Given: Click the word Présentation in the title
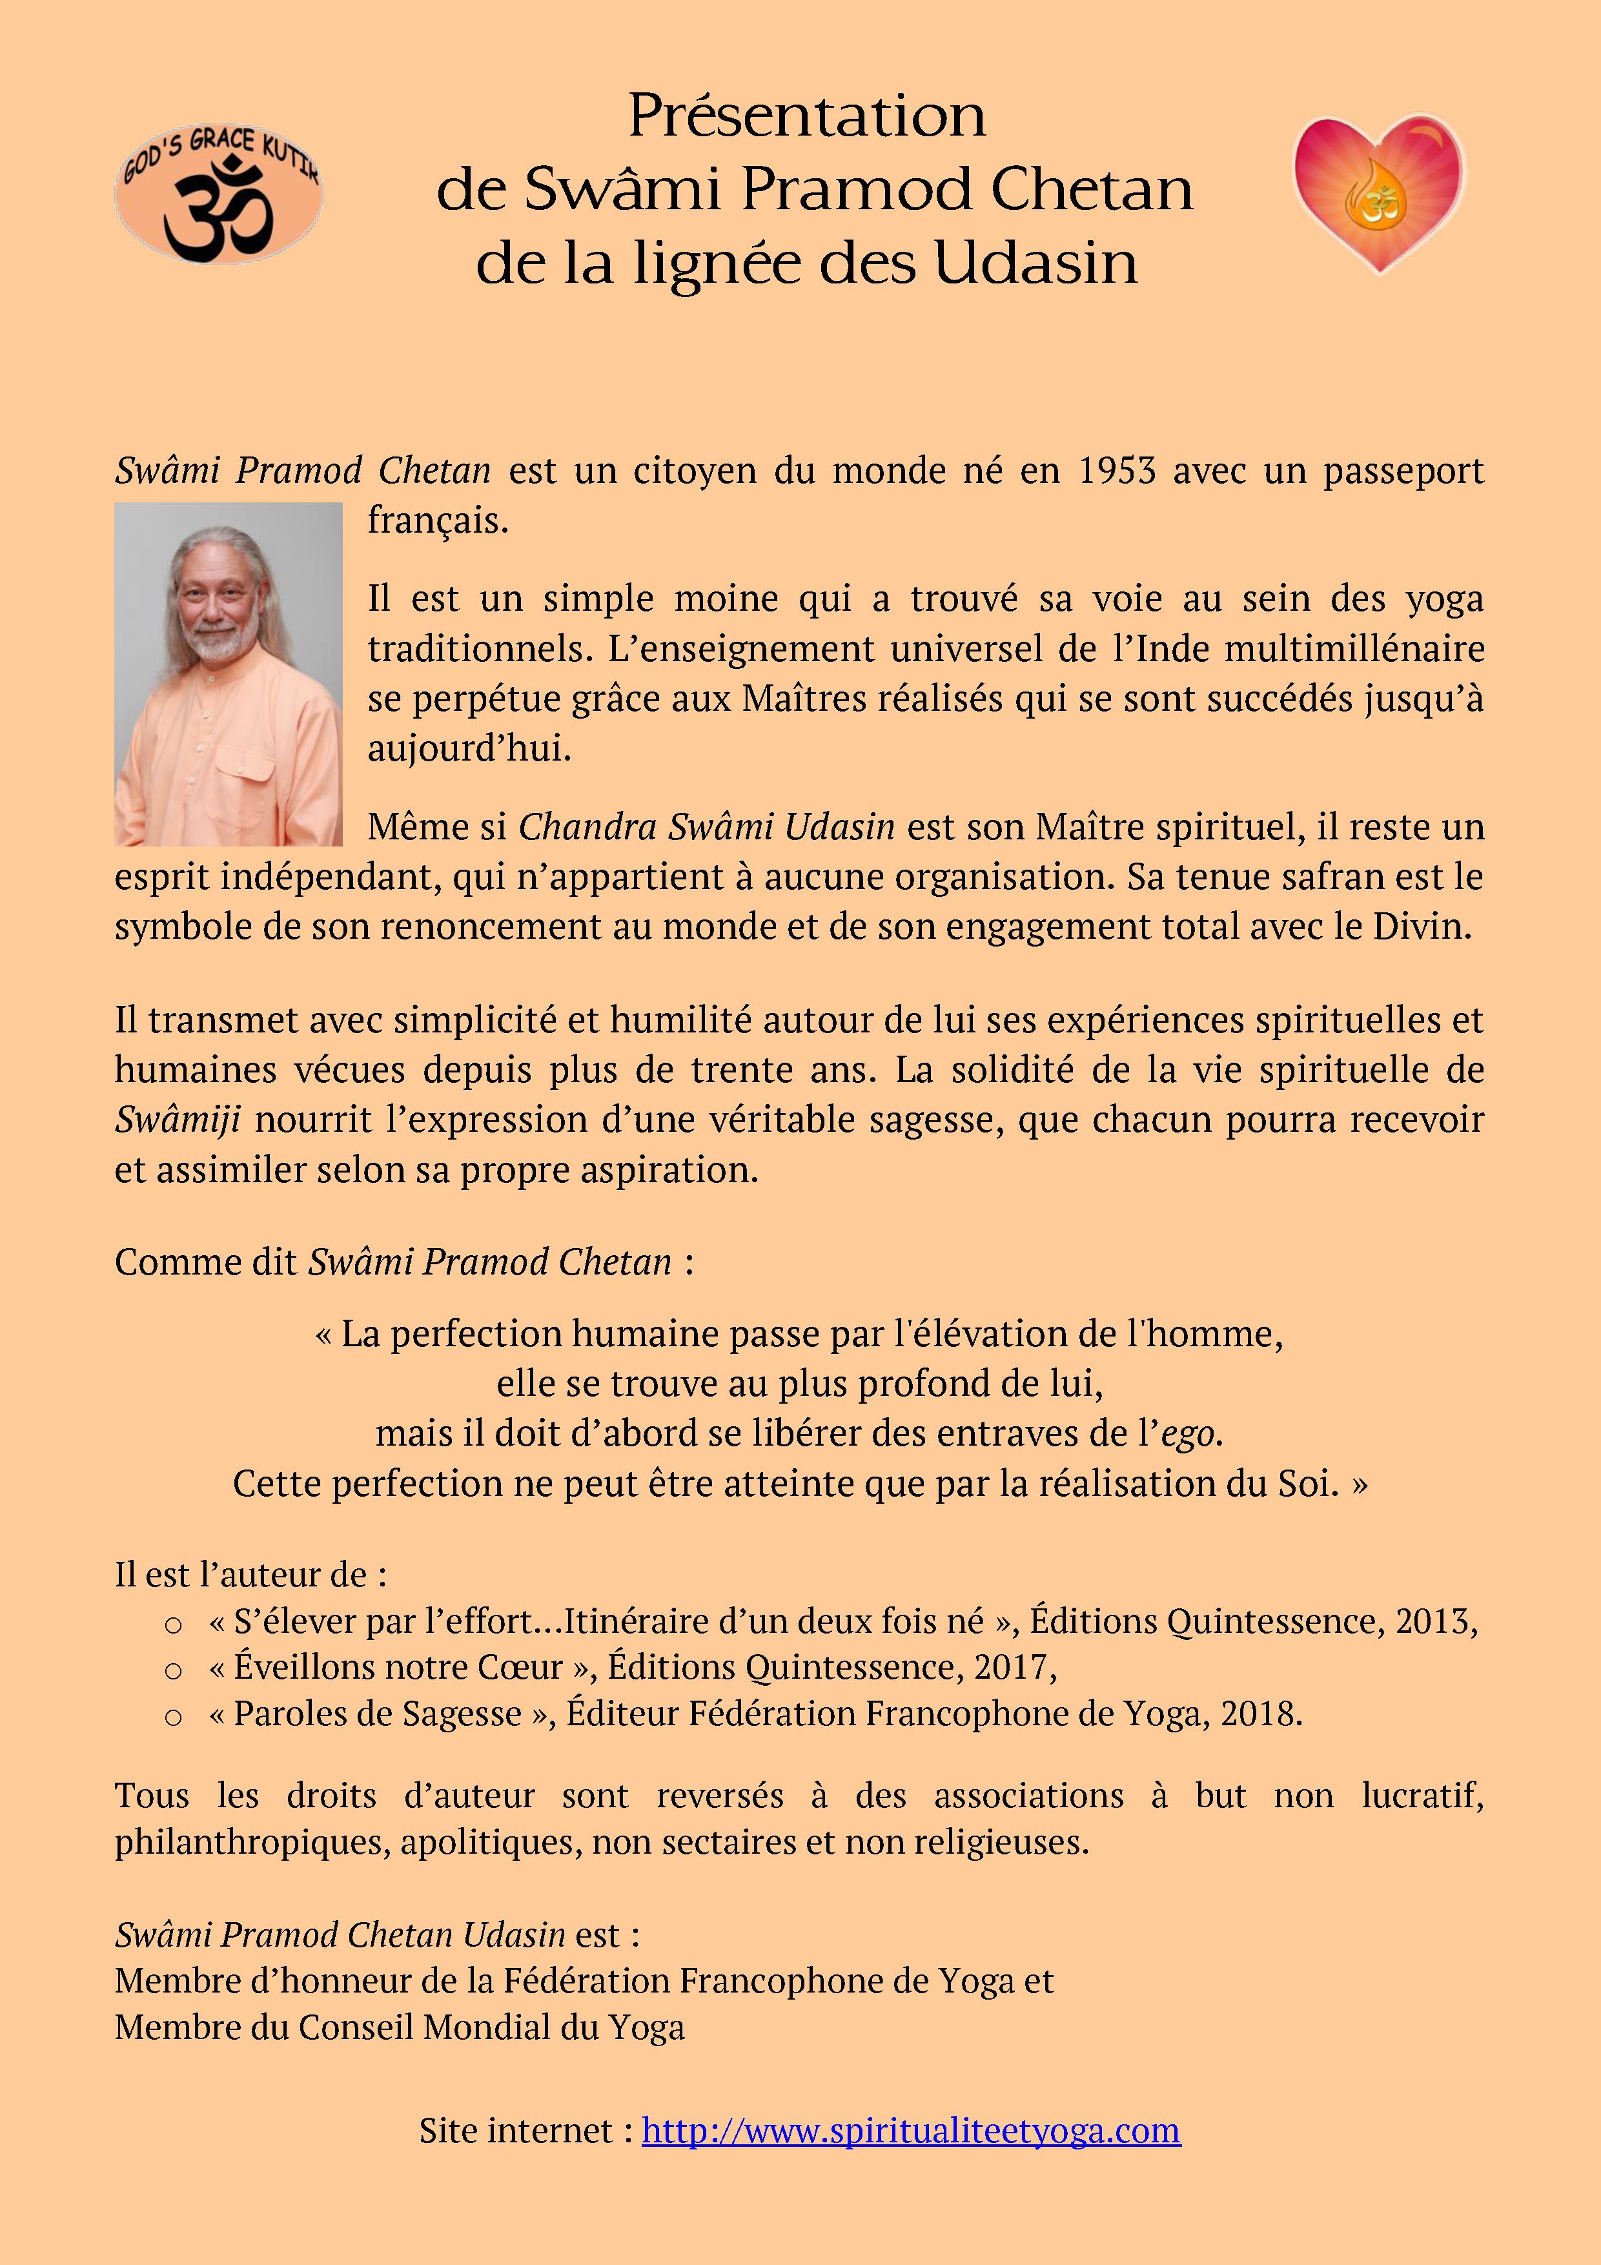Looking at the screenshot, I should tap(807, 116).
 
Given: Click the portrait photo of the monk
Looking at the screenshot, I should tap(228, 674).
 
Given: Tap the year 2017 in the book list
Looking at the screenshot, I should tap(1013, 1667).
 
